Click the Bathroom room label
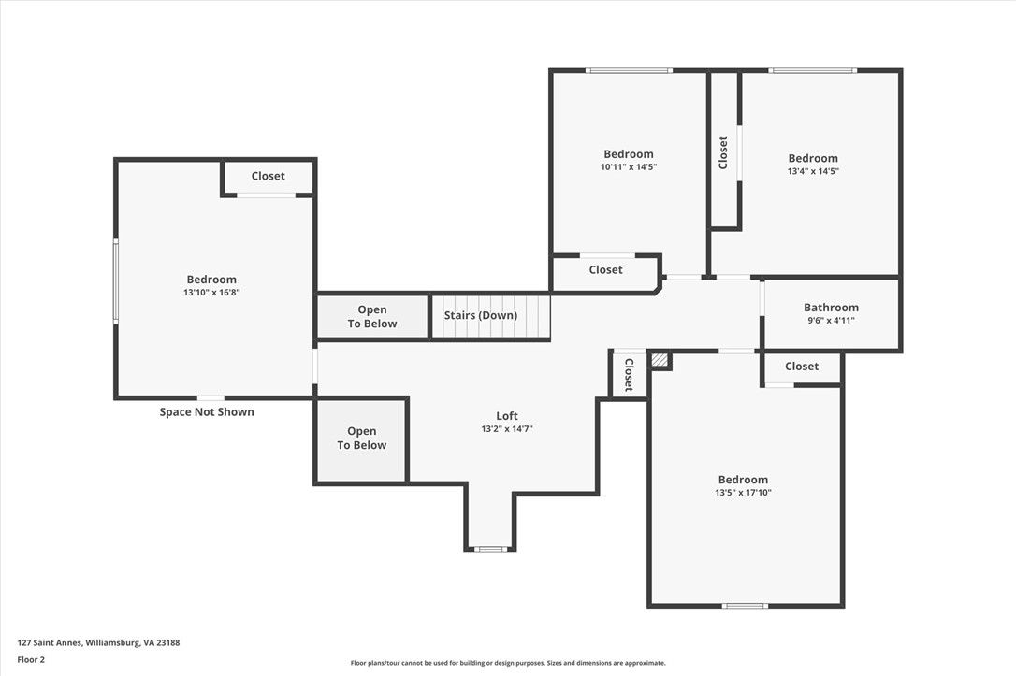coord(831,308)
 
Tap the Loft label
coord(507,416)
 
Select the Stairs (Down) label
coord(480,315)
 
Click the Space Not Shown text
coord(207,411)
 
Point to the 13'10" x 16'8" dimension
coord(211,293)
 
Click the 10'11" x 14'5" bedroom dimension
coord(629,167)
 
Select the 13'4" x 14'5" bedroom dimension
coord(813,172)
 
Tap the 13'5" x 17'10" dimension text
coord(743,493)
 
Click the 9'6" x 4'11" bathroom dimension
coord(831,321)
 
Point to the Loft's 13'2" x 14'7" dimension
coord(507,428)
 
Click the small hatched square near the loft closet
coord(659,360)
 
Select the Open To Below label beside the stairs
coord(372,317)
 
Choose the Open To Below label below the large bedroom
coord(361,439)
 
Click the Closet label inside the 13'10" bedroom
coord(268,176)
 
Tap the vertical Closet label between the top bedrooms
coord(723,152)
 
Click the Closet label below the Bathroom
coord(802,367)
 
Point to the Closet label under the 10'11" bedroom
coord(605,270)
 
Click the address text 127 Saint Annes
coord(50,643)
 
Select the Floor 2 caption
coord(31,660)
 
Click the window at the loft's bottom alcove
coord(490,549)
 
